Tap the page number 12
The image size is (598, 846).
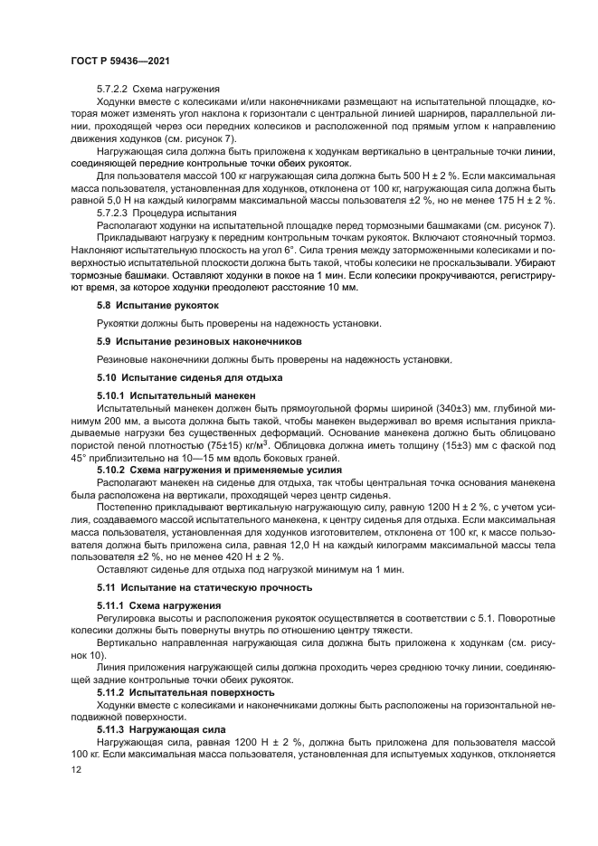[75, 770]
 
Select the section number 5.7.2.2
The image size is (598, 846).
[113, 90]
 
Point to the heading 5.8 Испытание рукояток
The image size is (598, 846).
[157, 306]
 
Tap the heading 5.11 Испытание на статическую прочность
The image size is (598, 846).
[204, 587]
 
